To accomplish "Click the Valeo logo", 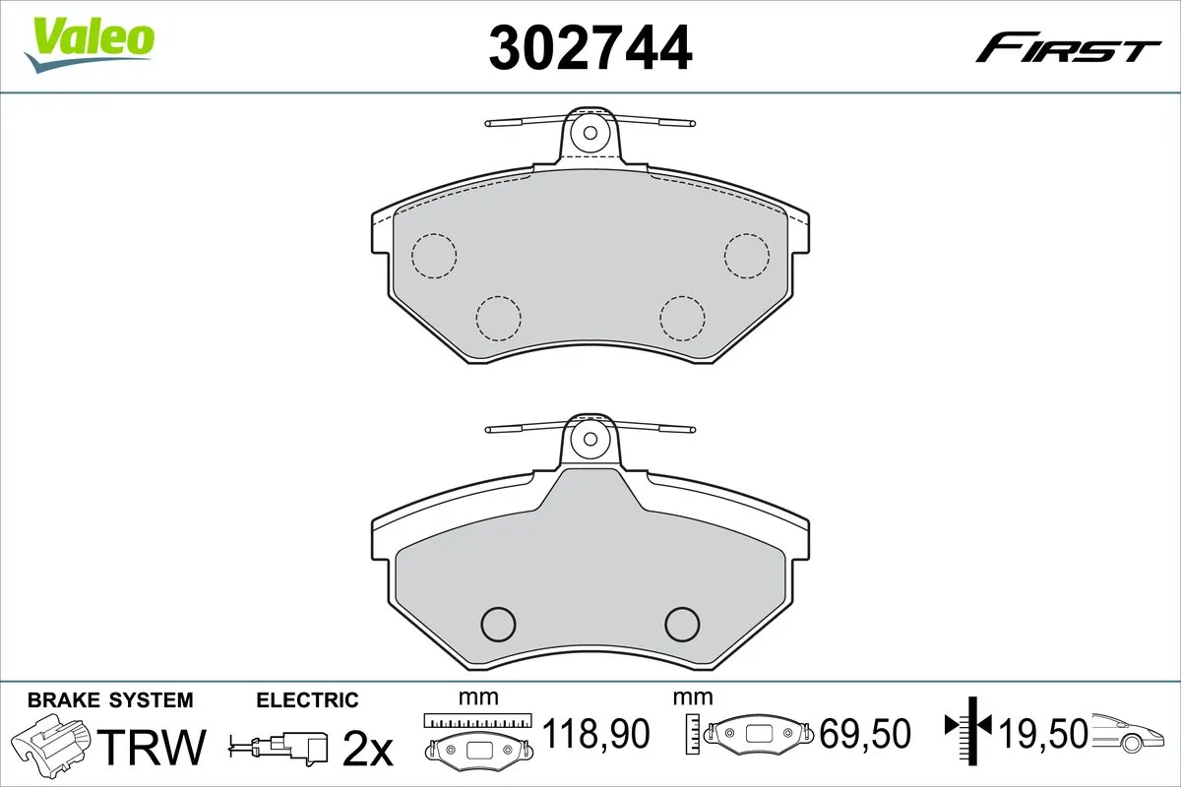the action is pyautogui.click(x=90, y=44).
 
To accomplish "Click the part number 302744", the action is pyautogui.click(x=590, y=48).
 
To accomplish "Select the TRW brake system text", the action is pyautogui.click(x=152, y=747).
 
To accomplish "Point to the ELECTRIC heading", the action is pyautogui.click(x=307, y=700).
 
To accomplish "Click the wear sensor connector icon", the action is pyautogui.click(x=279, y=747).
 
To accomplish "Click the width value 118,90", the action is pyautogui.click(x=595, y=734).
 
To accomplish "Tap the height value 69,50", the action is pyautogui.click(x=865, y=734).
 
